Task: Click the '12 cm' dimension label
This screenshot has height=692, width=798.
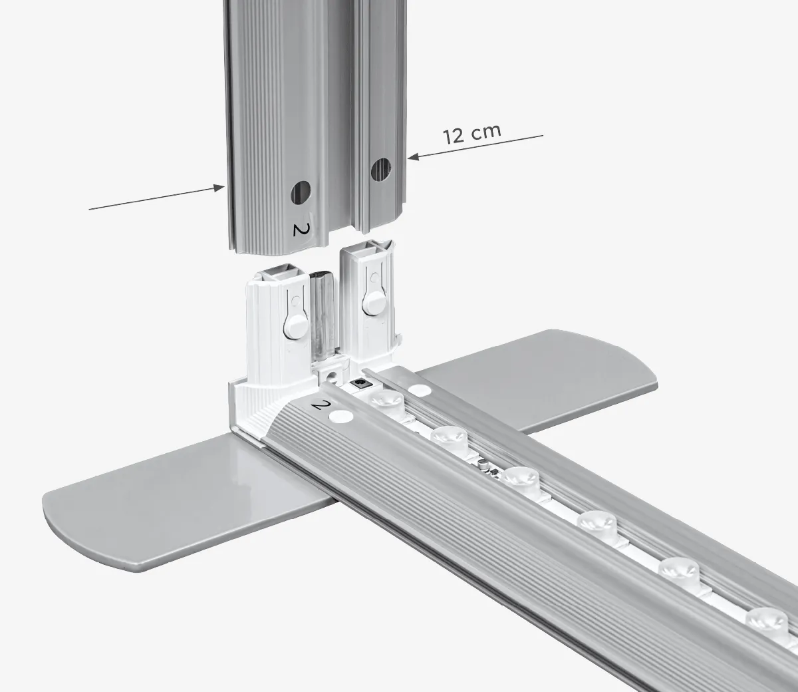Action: (471, 134)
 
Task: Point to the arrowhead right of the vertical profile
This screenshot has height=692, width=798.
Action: (412, 157)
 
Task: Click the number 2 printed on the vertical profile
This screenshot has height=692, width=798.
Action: (301, 230)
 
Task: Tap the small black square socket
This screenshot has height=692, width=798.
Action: (360, 384)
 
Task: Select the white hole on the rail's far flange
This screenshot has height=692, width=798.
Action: (419, 390)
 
